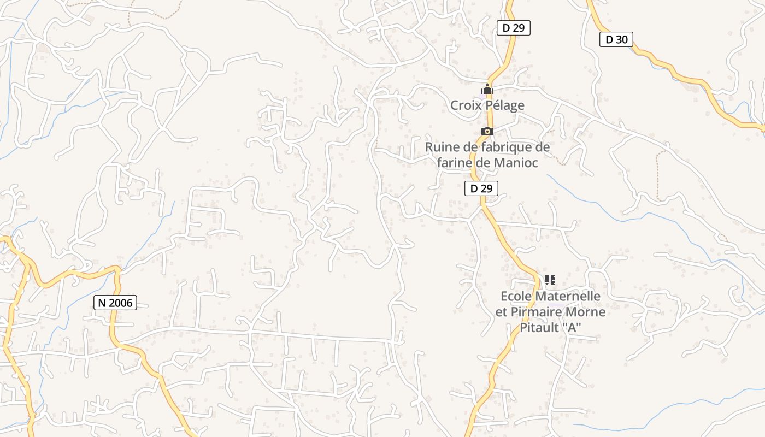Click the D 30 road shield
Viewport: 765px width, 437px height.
tap(616, 39)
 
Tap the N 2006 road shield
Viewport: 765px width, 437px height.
tap(115, 303)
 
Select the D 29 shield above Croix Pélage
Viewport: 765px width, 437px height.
tap(514, 28)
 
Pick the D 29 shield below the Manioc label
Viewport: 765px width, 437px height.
tap(481, 188)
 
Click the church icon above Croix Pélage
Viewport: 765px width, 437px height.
tap(487, 89)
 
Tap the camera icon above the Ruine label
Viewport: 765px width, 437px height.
tap(487, 132)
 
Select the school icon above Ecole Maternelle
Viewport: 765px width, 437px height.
tap(550, 280)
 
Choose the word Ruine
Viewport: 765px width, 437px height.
tap(441, 147)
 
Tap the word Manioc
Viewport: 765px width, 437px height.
tap(516, 163)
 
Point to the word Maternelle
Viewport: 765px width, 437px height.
tap(568, 297)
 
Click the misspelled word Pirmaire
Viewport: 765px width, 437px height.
tap(537, 312)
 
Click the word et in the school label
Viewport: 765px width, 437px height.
tap(501, 312)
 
